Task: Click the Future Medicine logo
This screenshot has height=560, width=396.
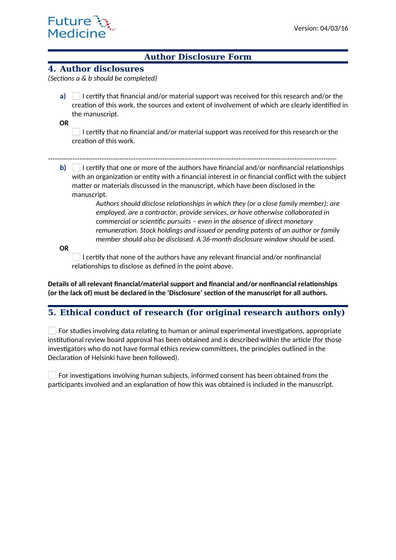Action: (81, 27)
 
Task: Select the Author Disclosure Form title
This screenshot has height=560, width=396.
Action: (198, 57)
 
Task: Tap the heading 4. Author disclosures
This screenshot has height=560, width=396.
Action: (96, 69)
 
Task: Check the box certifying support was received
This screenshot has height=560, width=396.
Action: (76, 96)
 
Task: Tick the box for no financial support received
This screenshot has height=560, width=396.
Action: (76, 132)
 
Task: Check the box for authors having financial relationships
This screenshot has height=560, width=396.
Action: (76, 167)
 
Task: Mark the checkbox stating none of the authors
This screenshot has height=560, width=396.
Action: (76, 257)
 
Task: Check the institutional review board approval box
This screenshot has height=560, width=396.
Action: (52, 330)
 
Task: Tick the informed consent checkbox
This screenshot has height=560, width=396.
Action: (52, 375)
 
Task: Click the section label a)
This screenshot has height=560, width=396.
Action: (63, 96)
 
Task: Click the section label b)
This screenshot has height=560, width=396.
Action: (63, 168)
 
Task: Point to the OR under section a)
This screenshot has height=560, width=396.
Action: (64, 123)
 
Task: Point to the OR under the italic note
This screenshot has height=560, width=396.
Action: (64, 248)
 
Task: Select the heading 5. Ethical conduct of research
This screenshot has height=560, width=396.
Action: (196, 312)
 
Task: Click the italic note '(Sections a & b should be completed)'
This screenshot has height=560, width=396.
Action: (103, 78)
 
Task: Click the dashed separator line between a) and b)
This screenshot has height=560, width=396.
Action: (192, 159)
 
